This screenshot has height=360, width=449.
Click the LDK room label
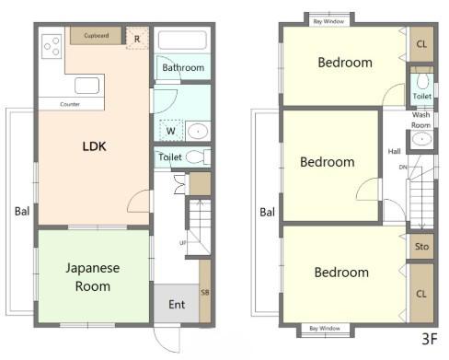[x=94, y=146]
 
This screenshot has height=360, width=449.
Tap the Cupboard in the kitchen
[x=96, y=36]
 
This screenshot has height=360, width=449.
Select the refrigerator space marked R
[x=137, y=38]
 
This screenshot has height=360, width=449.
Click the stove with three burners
[x=52, y=46]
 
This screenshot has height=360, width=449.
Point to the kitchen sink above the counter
[x=86, y=86]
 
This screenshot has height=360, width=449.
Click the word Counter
[x=70, y=104]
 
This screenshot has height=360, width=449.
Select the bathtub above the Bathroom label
[x=182, y=41]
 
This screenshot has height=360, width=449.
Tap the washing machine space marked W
[x=171, y=131]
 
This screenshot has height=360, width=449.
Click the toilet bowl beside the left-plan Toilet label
[x=198, y=157]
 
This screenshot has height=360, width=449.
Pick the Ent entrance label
[x=177, y=305]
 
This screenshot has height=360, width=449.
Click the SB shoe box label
[x=205, y=292]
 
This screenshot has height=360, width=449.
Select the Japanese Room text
[x=93, y=277]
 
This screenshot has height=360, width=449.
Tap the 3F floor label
[x=429, y=339]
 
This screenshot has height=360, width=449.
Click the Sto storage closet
[x=421, y=247]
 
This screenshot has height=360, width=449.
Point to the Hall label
[x=394, y=151]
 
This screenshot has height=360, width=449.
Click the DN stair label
[x=403, y=168]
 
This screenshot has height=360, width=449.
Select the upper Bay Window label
[x=328, y=21]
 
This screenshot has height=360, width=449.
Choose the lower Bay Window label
[x=325, y=329]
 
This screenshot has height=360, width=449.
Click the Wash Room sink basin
[x=422, y=139]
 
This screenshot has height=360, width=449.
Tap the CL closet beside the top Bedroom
[x=421, y=44]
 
